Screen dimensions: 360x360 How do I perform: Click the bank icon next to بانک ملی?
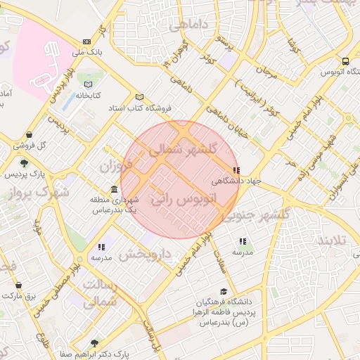[x=86, y=41]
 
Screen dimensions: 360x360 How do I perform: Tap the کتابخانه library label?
[x=89, y=94]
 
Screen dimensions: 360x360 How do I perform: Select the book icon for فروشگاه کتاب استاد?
[x=139, y=97]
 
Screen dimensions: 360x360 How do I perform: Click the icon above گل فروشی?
[x=28, y=135]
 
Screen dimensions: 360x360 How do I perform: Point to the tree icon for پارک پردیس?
[x=25, y=163]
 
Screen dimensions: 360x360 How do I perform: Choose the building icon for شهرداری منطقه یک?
[x=114, y=190]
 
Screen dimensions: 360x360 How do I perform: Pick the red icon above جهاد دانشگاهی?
[x=236, y=170]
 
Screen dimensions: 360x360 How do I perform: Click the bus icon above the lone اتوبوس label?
[x=345, y=61]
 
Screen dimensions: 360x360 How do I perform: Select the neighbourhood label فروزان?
[x=115, y=167]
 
